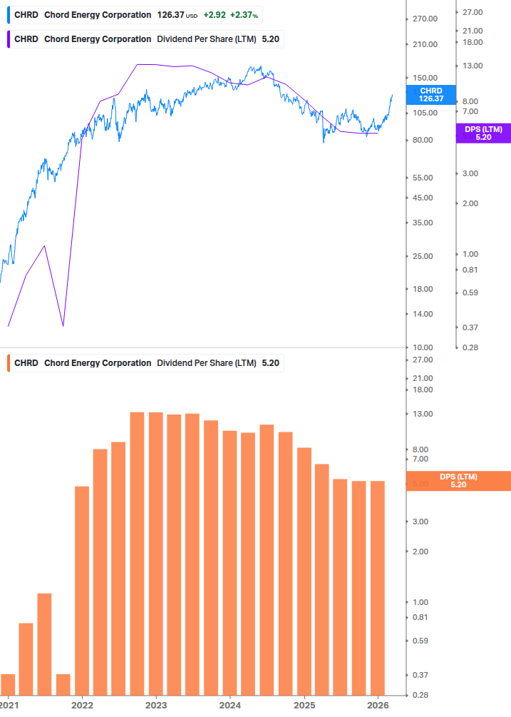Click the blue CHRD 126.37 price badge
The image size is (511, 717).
(x=431, y=94)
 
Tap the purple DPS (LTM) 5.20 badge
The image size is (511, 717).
(x=482, y=133)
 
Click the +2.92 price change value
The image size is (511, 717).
(x=215, y=15)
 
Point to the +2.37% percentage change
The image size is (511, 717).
(x=244, y=15)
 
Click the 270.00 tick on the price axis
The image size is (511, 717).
(x=425, y=19)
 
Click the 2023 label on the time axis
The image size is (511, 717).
(x=156, y=705)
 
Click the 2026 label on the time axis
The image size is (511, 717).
(x=378, y=705)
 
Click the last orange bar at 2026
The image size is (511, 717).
(x=378, y=587)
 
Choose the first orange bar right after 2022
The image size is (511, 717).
(x=82, y=590)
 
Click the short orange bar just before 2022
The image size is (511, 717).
(x=63, y=683)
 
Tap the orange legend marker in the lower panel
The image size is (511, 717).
(x=9, y=363)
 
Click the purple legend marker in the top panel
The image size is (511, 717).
(x=9, y=39)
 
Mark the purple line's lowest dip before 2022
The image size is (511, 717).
(x=63, y=326)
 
